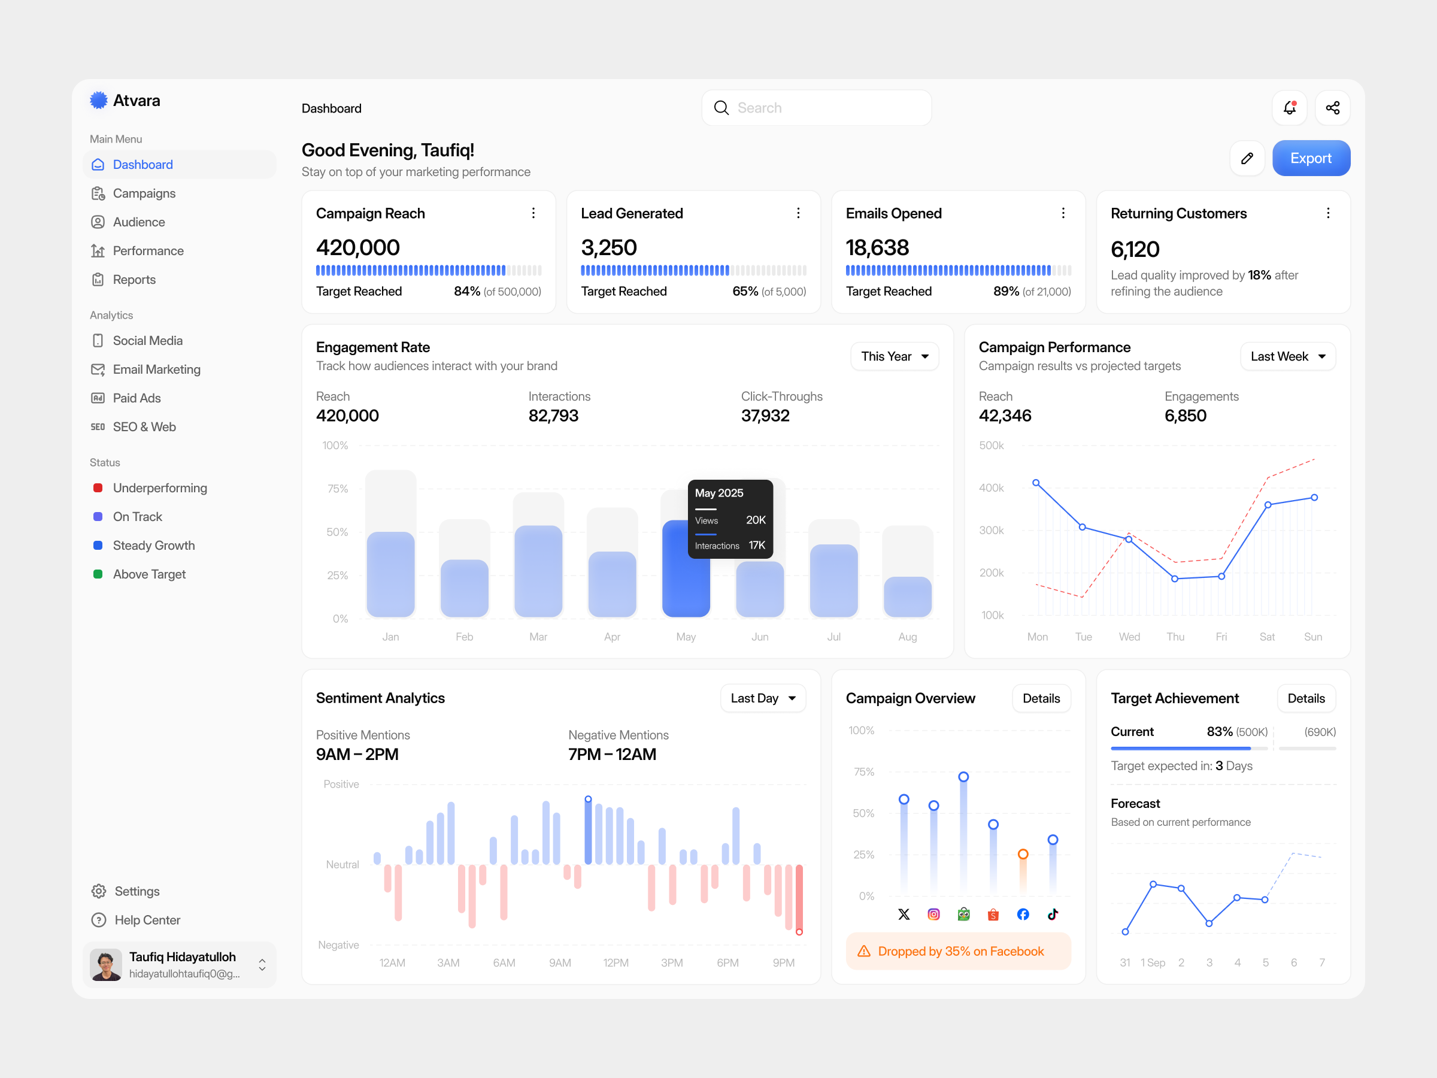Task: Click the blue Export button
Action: [x=1310, y=158]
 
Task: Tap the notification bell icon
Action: [x=1289, y=108]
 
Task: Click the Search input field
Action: [x=816, y=108]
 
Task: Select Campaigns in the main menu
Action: [x=144, y=193]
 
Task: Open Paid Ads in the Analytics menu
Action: [x=137, y=398]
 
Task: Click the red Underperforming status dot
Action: [x=98, y=488]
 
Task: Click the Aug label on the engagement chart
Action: [x=907, y=637]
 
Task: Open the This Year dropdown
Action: [x=894, y=356]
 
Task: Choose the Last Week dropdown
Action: [x=1287, y=356]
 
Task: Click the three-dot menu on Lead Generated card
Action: [x=798, y=213]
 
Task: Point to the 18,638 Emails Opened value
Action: [x=877, y=247]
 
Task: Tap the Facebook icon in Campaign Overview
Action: [x=1023, y=915]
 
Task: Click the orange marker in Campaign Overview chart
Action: [x=1023, y=854]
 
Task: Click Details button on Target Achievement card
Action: [x=1305, y=698]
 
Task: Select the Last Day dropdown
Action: [x=763, y=698]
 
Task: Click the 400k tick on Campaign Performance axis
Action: [x=991, y=488]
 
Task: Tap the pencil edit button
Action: [x=1247, y=158]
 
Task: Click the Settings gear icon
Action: [x=99, y=891]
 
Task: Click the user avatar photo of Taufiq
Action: [x=106, y=964]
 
